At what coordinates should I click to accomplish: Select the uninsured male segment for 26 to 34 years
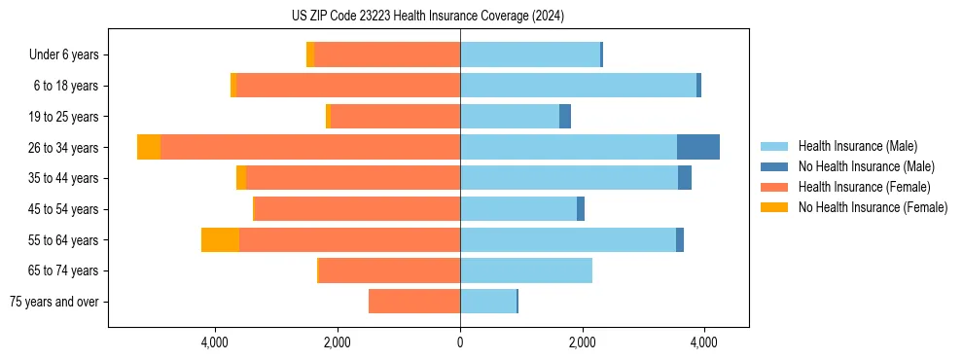(698, 147)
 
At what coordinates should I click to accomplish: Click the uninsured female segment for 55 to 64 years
(220, 239)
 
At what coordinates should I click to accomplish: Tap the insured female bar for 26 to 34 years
(310, 147)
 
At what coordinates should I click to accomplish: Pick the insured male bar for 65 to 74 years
(526, 270)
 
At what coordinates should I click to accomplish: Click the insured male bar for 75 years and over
(488, 302)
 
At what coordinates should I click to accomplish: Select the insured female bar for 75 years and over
(414, 302)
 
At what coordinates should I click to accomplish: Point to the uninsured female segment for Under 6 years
(310, 54)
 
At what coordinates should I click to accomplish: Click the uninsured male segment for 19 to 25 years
(565, 117)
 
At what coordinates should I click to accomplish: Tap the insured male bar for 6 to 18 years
(578, 86)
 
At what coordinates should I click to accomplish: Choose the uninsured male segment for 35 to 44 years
(685, 178)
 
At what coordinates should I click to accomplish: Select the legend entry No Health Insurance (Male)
(866, 166)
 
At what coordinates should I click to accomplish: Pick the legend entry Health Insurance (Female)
(864, 187)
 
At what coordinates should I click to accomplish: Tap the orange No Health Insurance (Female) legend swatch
(774, 207)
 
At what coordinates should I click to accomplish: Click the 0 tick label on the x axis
(460, 342)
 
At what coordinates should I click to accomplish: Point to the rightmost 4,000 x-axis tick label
(704, 342)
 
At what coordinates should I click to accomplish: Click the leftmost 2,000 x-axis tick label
(338, 342)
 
